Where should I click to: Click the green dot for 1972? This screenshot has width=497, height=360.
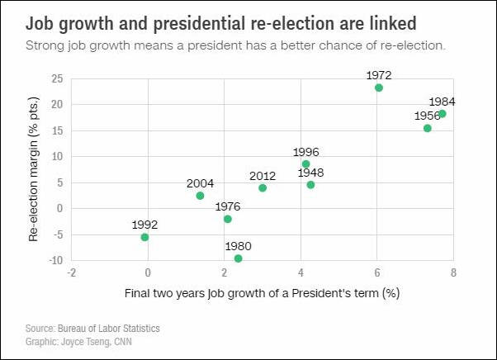point(379,88)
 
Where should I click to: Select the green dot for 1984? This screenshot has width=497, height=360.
point(443,114)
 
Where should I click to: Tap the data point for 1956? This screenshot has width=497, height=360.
point(428,128)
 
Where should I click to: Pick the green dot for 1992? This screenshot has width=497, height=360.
point(144,237)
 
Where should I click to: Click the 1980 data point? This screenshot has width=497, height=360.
point(239,258)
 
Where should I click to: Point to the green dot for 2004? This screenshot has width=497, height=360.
point(200,196)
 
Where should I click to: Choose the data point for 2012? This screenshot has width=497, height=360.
point(263,188)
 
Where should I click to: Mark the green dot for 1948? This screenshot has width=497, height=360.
point(310,185)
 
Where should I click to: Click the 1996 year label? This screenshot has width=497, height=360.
point(305,152)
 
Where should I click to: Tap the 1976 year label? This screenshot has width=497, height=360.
point(228,206)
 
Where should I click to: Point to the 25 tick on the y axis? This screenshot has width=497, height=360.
point(58,79)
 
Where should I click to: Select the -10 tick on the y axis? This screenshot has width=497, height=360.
point(55,260)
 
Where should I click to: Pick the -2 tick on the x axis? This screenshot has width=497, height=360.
point(72,272)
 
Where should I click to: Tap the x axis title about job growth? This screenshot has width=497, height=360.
point(262,293)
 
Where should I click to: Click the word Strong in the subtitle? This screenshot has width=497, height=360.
point(46,44)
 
